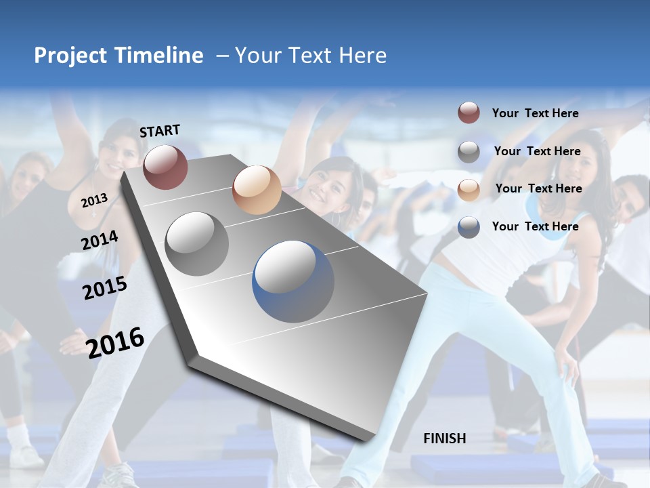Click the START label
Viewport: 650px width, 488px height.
(x=160, y=131)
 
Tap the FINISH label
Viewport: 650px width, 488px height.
(x=445, y=439)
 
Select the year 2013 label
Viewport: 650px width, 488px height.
(x=94, y=201)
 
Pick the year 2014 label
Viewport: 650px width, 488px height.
(x=100, y=240)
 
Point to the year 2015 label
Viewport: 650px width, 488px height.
(x=105, y=288)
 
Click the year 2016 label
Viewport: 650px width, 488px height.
(x=115, y=342)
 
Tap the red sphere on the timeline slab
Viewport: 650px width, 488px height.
(x=165, y=166)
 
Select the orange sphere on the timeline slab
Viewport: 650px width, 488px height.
(x=256, y=189)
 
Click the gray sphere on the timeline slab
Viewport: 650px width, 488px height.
(x=196, y=243)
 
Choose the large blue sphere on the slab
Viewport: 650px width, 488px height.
(x=293, y=281)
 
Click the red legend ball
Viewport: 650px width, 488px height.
(x=469, y=113)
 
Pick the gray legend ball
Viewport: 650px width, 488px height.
(x=469, y=152)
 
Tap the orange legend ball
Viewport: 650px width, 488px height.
(x=469, y=189)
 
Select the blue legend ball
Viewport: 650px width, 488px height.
(x=469, y=227)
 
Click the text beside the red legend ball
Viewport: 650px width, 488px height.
(x=535, y=113)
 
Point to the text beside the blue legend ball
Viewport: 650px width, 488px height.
(x=535, y=226)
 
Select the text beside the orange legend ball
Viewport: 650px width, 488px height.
(x=538, y=188)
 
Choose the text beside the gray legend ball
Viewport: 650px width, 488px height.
(x=537, y=151)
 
